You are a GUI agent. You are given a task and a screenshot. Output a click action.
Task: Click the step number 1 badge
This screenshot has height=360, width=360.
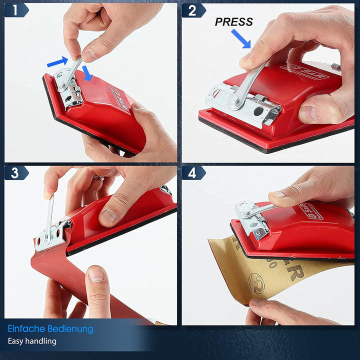[15, 10]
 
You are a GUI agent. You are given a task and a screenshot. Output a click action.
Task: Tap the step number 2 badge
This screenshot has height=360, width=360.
[193, 10]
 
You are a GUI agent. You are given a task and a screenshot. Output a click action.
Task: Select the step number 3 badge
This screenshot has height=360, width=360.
[15, 173]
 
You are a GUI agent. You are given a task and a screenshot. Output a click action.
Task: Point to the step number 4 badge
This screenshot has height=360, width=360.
[193, 173]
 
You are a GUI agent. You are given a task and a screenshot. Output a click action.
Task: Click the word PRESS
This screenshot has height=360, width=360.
[233, 22]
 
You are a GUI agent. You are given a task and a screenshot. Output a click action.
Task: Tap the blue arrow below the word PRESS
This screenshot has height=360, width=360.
[241, 38]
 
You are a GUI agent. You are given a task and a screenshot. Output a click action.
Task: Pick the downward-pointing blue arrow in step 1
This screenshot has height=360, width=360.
[88, 73]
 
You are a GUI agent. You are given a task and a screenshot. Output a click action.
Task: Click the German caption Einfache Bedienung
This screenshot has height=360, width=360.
[50, 328]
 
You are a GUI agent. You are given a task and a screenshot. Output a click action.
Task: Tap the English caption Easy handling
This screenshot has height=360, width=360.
[32, 341]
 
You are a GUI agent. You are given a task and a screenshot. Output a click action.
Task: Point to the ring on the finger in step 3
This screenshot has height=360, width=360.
[99, 177]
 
